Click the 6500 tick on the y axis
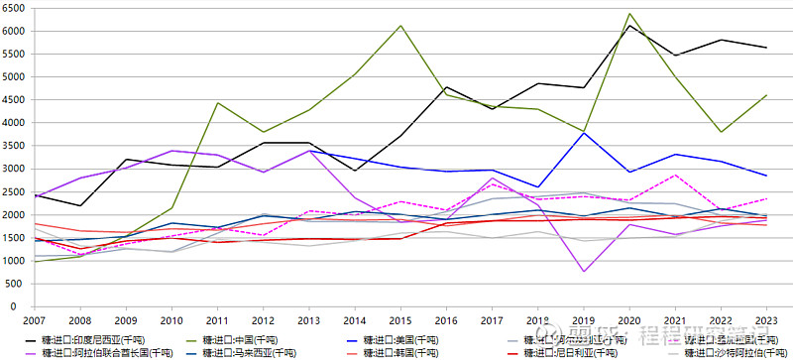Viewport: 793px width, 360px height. click(x=13, y=8)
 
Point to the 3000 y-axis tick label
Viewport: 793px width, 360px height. click(x=13, y=169)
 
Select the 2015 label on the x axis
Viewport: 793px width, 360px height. click(x=399, y=319)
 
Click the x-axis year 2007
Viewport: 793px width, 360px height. click(x=34, y=319)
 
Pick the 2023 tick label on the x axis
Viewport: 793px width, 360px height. click(x=765, y=319)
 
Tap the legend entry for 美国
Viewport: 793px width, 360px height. click(x=414, y=339)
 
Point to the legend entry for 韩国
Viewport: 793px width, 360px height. click(x=414, y=352)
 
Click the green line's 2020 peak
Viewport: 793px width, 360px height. click(x=628, y=14)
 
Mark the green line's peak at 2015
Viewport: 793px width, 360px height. click(x=399, y=26)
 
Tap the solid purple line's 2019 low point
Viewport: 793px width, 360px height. click(x=583, y=271)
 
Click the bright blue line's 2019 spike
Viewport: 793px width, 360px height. click(x=583, y=133)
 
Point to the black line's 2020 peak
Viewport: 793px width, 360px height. click(x=628, y=26)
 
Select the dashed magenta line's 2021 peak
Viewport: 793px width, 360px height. click(x=674, y=176)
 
